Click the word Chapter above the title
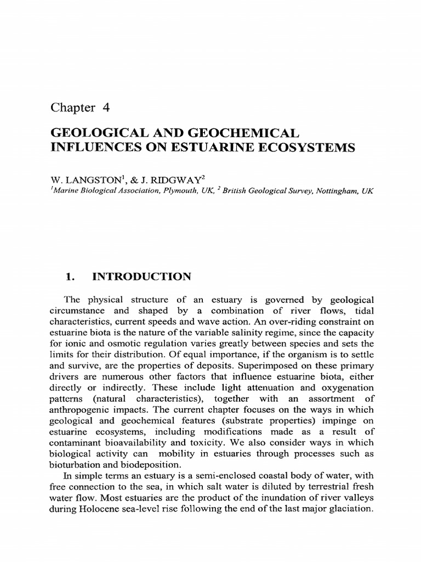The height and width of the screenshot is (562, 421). pos(72,108)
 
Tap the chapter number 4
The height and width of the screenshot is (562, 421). pos(106,108)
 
